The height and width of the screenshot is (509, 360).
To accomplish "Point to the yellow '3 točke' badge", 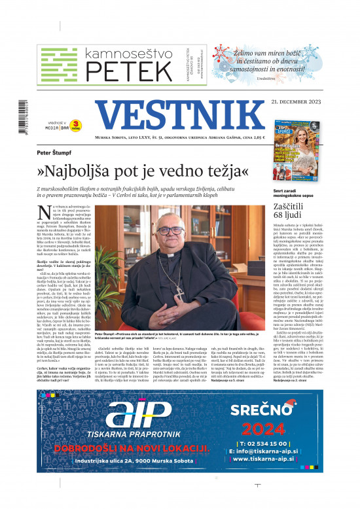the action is (x=76, y=123).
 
